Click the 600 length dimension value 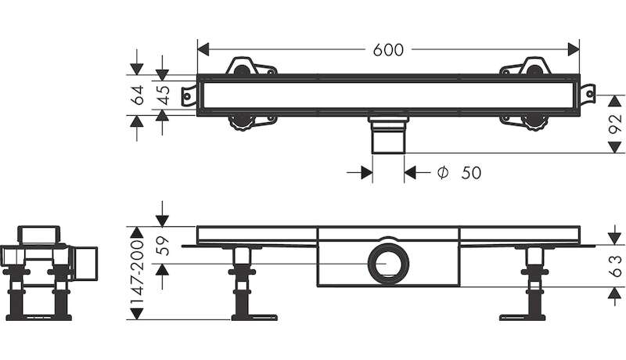pyautogui.click(x=387, y=50)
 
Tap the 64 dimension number pyautogui.click(x=137, y=95)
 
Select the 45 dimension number pyautogui.click(x=163, y=95)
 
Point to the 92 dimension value pyautogui.click(x=617, y=124)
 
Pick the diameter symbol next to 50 pyautogui.click(x=442, y=173)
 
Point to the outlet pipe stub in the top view pyautogui.click(x=388, y=136)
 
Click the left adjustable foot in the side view pyautogui.click(x=244, y=286)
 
